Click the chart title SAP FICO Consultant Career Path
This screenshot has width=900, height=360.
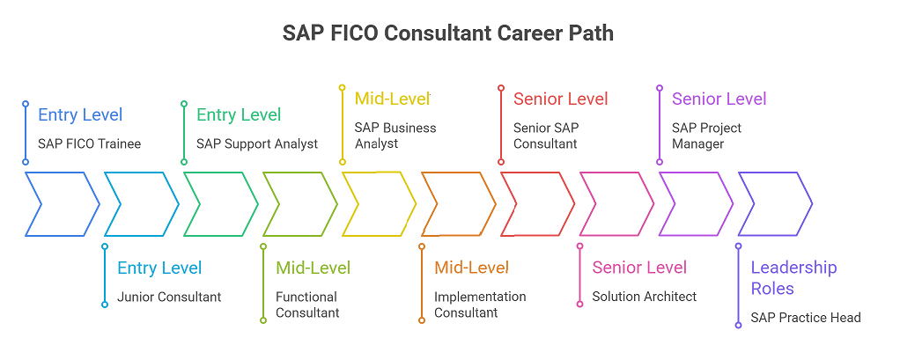(447, 33)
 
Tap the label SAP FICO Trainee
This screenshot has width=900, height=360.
(89, 143)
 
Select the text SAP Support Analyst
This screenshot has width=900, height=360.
(257, 143)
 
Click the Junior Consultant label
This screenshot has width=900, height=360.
(169, 297)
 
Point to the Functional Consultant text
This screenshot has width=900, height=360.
(307, 305)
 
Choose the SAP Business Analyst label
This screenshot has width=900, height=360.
(395, 136)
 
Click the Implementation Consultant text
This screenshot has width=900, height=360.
(480, 305)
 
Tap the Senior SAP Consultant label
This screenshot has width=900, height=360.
(546, 136)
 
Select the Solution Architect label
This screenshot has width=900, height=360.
(644, 297)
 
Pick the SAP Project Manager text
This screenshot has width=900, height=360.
(706, 136)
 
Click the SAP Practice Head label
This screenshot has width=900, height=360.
(805, 318)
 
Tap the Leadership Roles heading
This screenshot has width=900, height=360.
(793, 277)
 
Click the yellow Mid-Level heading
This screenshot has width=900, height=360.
(392, 99)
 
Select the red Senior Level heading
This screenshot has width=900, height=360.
(560, 99)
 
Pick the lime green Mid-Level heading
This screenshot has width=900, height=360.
(313, 268)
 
